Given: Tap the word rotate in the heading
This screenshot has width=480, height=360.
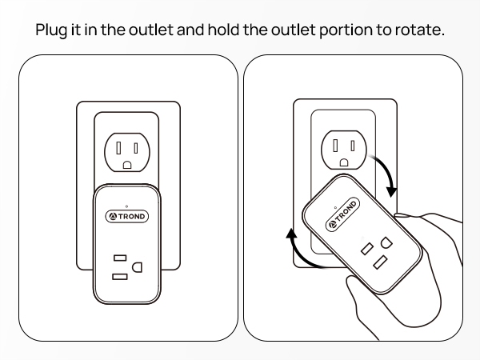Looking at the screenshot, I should coord(418,30).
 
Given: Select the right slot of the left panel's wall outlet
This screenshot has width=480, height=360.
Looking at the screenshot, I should coord(136,147).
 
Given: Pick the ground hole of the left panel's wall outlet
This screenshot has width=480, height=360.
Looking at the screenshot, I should coord(127,165).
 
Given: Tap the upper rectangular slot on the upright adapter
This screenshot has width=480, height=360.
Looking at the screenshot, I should coord(119,258).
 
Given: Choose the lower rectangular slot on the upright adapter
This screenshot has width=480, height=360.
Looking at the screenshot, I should coord(119,276).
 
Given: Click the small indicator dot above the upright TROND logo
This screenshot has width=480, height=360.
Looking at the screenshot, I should coord(127,203).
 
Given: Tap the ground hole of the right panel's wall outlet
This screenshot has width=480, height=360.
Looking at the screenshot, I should coord(343,162).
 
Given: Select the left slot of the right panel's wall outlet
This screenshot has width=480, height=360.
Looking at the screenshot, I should coord(335,145).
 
